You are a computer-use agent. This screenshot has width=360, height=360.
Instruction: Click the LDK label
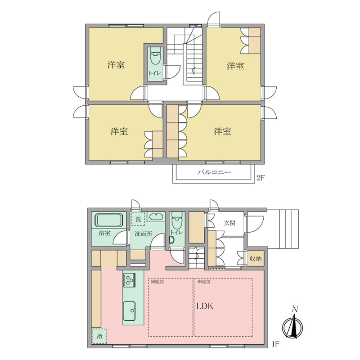pyautogui.click(x=205, y=306)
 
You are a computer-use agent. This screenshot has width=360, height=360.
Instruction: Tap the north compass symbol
pyautogui.click(x=292, y=324)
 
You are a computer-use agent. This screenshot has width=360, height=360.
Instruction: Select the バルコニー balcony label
pyautogui.click(x=214, y=172)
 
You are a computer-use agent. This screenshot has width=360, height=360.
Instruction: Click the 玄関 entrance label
pyautogui.click(x=229, y=223)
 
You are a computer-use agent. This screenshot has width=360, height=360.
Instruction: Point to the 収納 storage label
pyautogui.click(x=256, y=258)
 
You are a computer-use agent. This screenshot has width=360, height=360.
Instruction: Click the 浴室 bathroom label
pyautogui.click(x=104, y=233)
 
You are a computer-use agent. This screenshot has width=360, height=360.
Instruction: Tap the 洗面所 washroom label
pyautogui.click(x=143, y=234)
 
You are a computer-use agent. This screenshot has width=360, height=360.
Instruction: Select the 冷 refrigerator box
pyautogui.click(x=99, y=336)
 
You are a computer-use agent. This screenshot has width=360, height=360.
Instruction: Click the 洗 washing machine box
pyautogui.click(x=138, y=219)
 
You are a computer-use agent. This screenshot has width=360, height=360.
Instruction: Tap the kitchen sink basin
pyautogui.click(x=130, y=311)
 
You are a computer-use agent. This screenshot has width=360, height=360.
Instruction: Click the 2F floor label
pyautogui.click(x=261, y=178)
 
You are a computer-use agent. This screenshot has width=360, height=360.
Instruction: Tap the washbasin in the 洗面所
pyautogui.click(x=156, y=217)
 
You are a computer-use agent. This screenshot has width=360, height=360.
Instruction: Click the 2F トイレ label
pyautogui.click(x=154, y=73)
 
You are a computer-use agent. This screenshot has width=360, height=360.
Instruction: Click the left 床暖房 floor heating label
pyautogui.click(x=157, y=282)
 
